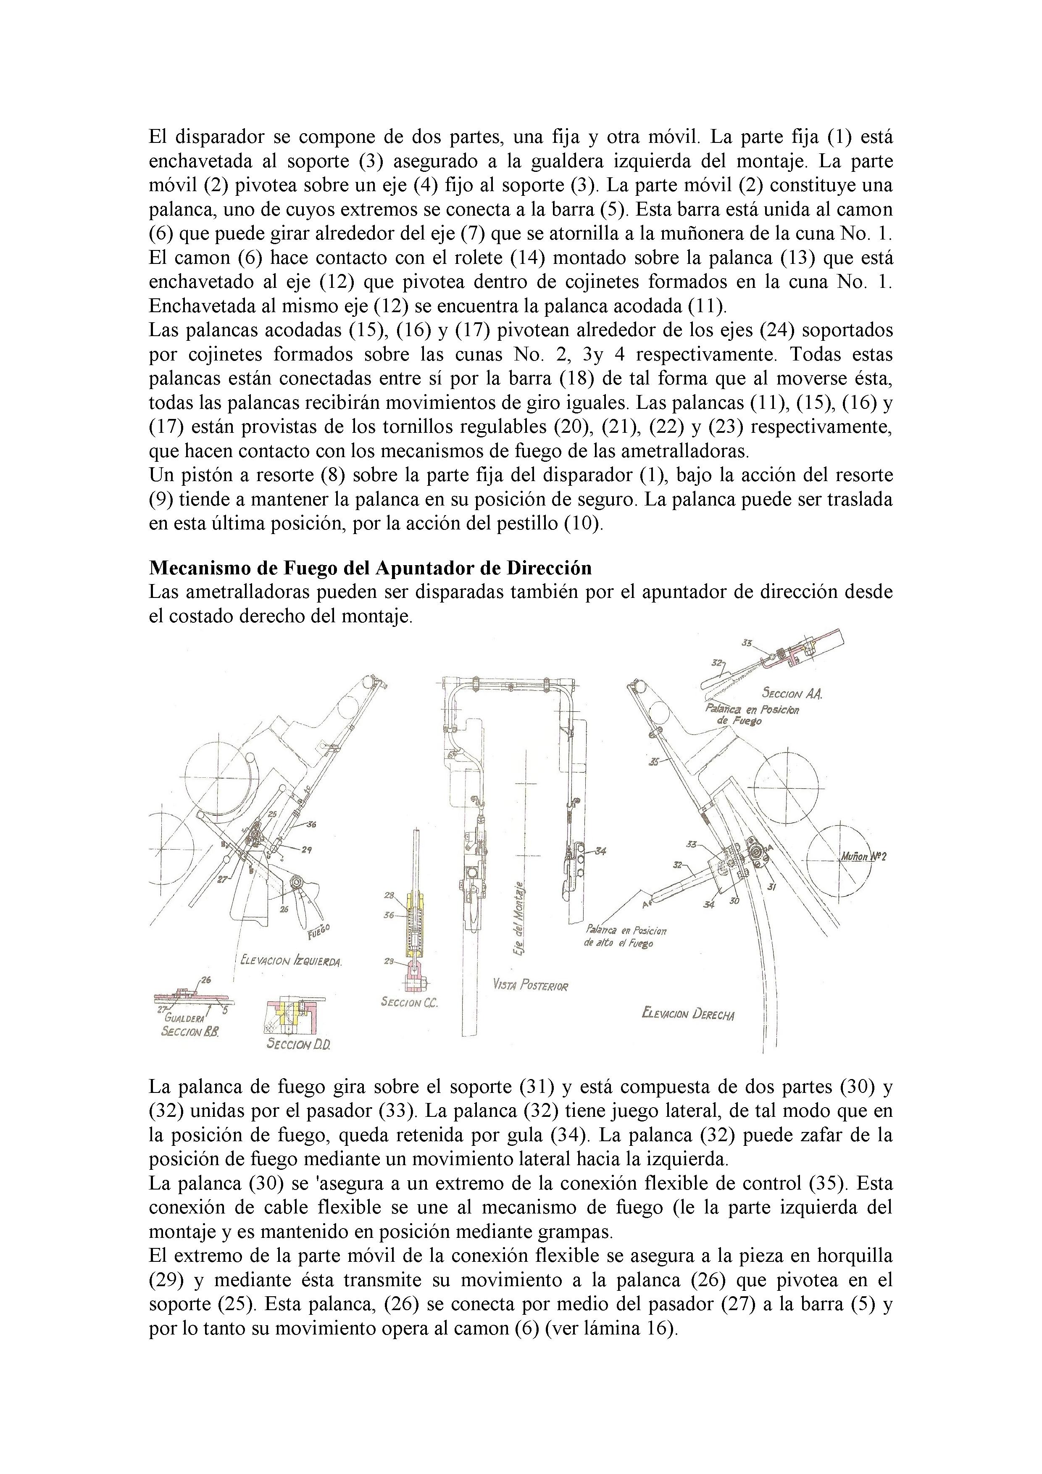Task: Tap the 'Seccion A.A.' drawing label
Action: (792, 693)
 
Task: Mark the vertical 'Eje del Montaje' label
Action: (521, 919)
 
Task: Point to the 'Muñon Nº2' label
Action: (863, 857)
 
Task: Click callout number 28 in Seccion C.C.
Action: (389, 895)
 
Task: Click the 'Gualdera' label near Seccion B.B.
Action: (185, 1018)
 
